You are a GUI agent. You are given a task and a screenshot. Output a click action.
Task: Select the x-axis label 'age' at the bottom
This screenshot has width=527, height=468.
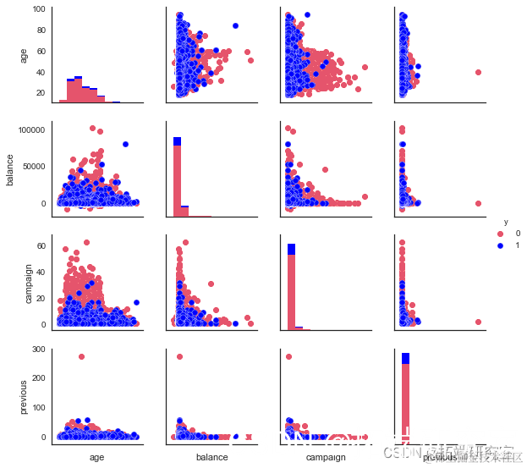[x=96, y=458]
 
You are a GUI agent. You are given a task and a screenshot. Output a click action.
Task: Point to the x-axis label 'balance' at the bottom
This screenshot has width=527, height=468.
[x=211, y=458]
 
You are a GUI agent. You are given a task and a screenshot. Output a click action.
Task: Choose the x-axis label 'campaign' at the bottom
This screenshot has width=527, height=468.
[x=325, y=458]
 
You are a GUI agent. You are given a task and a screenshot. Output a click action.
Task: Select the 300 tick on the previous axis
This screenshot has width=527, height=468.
[x=37, y=349]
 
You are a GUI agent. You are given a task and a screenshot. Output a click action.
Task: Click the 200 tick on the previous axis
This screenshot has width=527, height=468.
[x=37, y=378]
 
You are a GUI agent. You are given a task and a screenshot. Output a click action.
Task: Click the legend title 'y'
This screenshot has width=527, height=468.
[x=505, y=222]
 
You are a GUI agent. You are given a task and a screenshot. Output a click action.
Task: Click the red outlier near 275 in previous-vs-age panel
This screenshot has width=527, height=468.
[x=82, y=356]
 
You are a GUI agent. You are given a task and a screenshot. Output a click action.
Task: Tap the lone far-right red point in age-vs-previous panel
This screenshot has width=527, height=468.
[x=479, y=72]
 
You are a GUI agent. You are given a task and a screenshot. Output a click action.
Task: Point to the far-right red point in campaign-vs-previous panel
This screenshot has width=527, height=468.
[x=479, y=322]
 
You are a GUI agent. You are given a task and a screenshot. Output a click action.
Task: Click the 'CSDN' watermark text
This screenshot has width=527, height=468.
[x=398, y=453]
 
